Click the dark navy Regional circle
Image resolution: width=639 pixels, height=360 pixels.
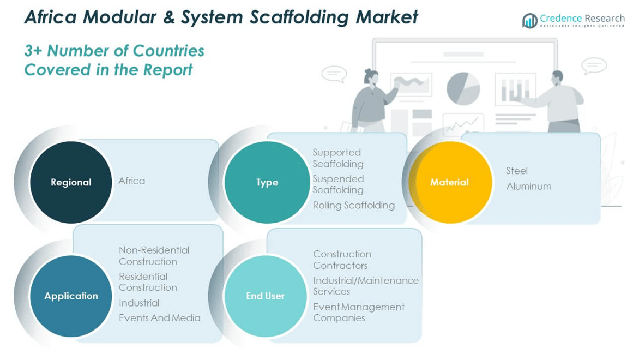(71, 182)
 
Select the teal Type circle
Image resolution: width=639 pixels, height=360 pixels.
(267, 182)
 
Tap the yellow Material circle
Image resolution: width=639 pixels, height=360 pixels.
(449, 182)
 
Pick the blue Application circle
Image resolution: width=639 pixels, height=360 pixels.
(71, 296)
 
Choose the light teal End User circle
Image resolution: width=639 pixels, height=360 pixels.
(265, 296)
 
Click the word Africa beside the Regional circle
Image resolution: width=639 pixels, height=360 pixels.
(132, 181)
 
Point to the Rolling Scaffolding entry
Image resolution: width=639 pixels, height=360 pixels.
(353, 206)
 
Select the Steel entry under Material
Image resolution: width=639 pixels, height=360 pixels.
(517, 171)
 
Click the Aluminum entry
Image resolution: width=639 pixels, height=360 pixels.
(528, 187)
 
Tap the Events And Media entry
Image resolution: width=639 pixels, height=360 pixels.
(160, 318)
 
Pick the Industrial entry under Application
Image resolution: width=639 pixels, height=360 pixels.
(139, 303)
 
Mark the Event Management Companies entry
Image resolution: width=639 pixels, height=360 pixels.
(358, 313)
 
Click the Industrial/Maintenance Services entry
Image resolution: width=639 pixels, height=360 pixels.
(365, 286)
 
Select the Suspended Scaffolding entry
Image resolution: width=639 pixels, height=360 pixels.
(338, 184)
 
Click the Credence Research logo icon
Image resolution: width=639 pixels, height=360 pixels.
(529, 21)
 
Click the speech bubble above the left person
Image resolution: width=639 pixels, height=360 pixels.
(334, 74)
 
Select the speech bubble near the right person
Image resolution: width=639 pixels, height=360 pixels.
(594, 66)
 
